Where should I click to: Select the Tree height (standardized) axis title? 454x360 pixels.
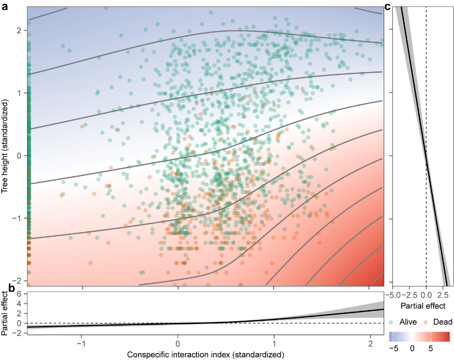(6, 146)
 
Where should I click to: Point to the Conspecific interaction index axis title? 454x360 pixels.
(206, 355)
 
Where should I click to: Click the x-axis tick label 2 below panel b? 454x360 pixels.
(369, 345)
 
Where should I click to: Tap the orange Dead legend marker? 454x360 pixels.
(424, 321)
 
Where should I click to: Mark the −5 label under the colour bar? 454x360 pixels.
(393, 348)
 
